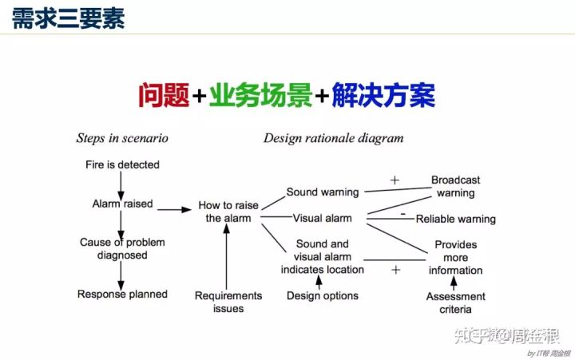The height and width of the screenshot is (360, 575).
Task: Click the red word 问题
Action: click(x=164, y=96)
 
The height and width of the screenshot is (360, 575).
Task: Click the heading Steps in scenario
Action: click(x=122, y=138)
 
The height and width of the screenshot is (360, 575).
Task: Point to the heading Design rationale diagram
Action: click(x=333, y=138)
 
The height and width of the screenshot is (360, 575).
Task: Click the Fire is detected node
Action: click(x=122, y=165)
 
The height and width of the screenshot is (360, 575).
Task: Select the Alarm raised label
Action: click(x=122, y=204)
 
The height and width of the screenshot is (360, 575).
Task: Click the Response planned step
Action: click(x=122, y=295)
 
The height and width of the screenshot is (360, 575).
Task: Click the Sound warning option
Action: click(x=323, y=192)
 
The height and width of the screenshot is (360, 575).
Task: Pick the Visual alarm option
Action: click(x=322, y=219)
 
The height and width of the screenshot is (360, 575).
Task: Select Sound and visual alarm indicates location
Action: click(x=322, y=256)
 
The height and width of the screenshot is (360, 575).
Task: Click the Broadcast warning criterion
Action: click(x=455, y=187)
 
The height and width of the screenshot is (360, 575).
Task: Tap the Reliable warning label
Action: click(x=455, y=220)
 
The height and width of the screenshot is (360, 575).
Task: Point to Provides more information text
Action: click(x=455, y=257)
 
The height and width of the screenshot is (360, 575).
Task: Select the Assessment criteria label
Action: click(x=455, y=303)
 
